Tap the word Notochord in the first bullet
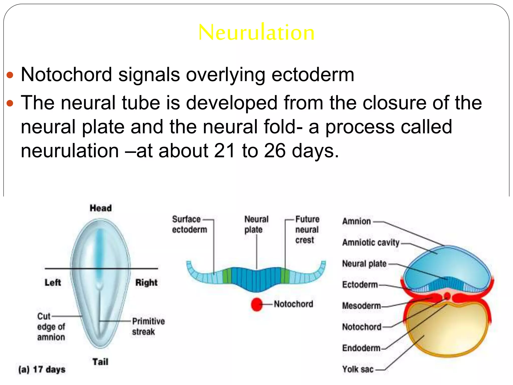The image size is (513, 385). [x=66, y=74]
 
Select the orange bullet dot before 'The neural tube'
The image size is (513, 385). [x=10, y=103]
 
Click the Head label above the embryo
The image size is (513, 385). [x=101, y=208]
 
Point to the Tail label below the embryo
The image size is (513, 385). [x=100, y=362]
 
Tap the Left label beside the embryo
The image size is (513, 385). [x=53, y=282]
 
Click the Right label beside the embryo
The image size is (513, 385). [x=146, y=282]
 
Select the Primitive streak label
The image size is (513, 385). [x=148, y=326]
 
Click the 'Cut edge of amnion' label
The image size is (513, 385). [x=51, y=327]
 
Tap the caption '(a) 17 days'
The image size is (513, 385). [x=42, y=369]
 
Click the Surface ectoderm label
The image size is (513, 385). [x=189, y=224]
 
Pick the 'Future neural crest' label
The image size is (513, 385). [x=307, y=229]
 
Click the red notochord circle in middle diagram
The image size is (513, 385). [x=256, y=304]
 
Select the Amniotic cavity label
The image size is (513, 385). [x=371, y=243]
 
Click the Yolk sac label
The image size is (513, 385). [x=358, y=369]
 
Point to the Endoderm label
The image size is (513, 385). [x=361, y=348]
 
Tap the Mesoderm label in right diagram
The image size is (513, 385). [x=361, y=306]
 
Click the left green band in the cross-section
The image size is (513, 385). [x=227, y=276]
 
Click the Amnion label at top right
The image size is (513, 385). [x=356, y=221]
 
